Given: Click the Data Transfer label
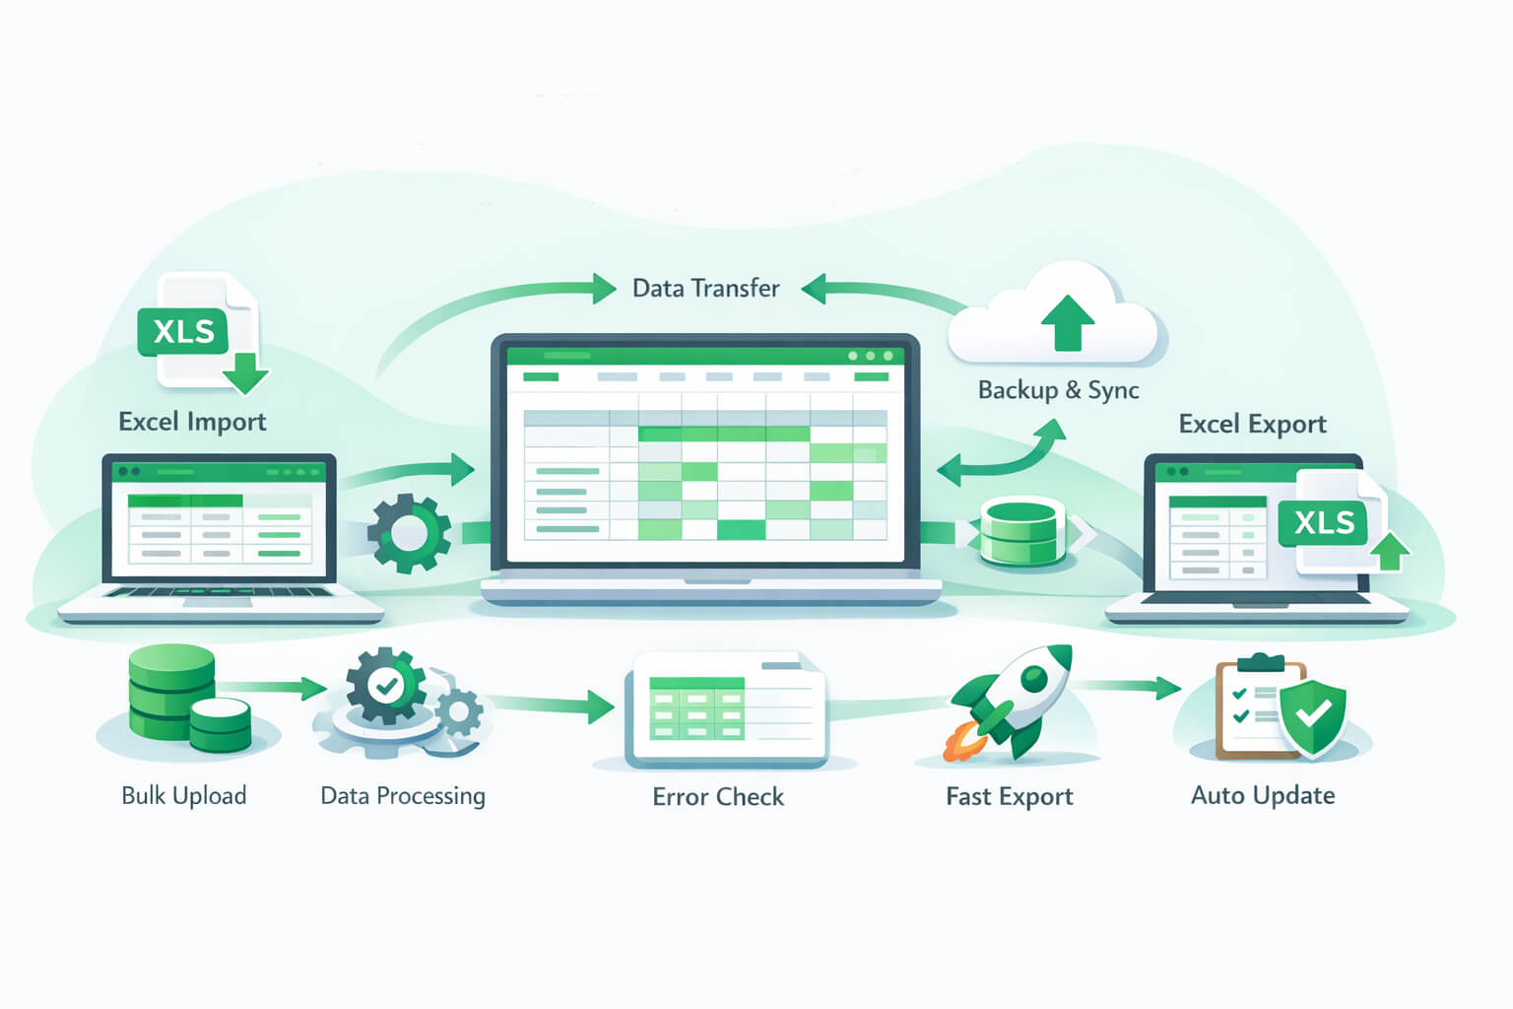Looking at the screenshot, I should tap(705, 288).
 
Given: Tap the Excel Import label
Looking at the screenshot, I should tap(192, 422).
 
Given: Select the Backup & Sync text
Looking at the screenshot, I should tap(1058, 390).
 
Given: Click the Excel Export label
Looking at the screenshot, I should tap(1252, 424).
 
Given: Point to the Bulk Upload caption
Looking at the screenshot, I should tap(183, 795).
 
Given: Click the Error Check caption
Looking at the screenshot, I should tap(718, 796).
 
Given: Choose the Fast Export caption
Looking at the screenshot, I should tap(1009, 796).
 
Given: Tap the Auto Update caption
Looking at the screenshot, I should tap(1263, 795).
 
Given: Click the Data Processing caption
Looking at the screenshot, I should tap(403, 795).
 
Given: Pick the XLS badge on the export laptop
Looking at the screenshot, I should tap(1324, 522).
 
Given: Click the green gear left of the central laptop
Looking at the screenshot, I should tap(410, 533).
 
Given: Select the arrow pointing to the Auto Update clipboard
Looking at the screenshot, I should tap(1133, 687).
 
